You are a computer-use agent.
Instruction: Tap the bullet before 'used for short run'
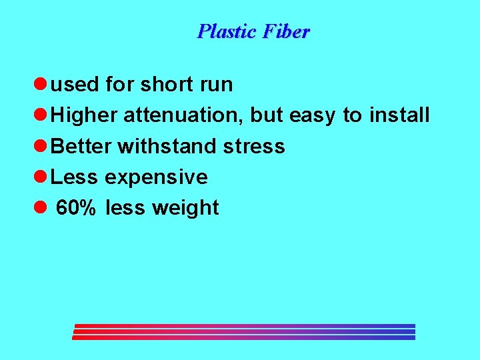39,85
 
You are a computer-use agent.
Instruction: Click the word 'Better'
81,146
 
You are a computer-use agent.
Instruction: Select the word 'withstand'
167,146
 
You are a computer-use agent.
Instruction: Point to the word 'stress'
254,146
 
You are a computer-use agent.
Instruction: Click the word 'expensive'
155,177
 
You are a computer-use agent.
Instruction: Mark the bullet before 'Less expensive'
39,177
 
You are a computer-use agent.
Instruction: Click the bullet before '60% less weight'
39,207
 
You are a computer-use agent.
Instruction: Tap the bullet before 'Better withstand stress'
39,146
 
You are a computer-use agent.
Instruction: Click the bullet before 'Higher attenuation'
39,115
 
